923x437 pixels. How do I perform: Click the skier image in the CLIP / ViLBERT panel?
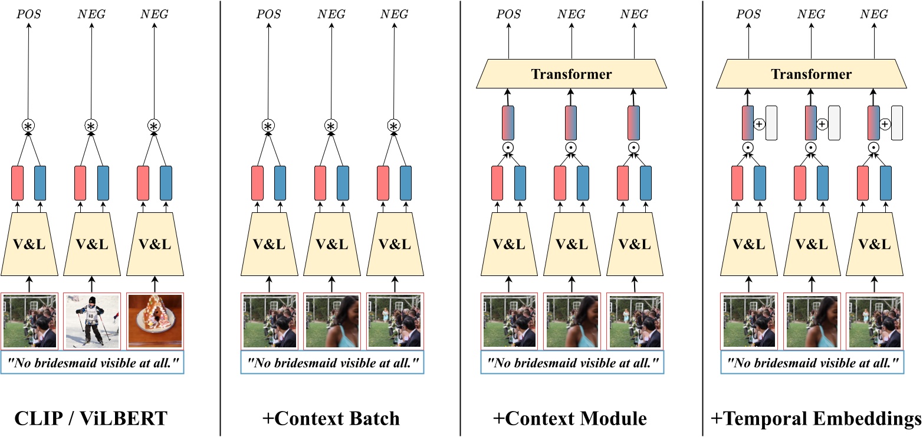(91, 320)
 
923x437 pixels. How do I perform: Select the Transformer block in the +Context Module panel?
(571, 74)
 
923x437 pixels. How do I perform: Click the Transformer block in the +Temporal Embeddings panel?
(812, 74)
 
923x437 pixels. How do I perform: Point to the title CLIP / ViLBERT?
(91, 419)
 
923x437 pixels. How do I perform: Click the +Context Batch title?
(331, 419)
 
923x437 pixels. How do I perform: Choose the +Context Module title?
(571, 419)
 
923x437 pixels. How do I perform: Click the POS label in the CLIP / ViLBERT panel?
(28, 14)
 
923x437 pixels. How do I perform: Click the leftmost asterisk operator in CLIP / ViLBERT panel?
(28, 125)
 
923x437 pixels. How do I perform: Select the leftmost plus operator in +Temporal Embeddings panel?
(759, 124)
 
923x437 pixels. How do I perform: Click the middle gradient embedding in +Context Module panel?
(571, 123)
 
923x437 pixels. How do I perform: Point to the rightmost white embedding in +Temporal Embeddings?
(897, 123)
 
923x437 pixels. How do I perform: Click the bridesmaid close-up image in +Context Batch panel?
(332, 320)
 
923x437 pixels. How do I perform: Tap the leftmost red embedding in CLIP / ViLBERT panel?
(18, 183)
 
